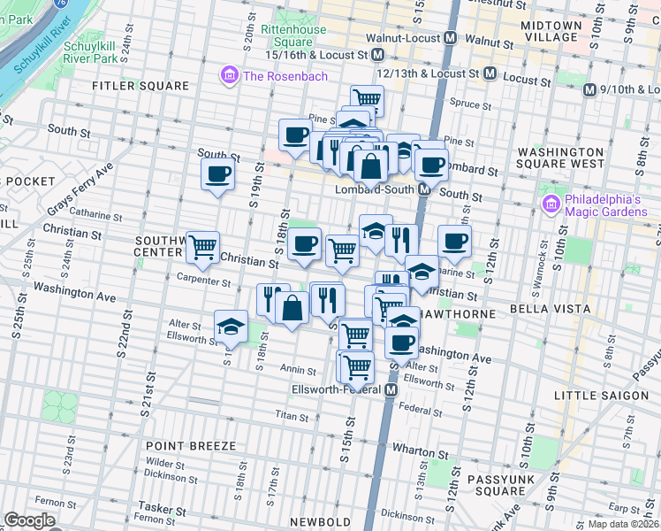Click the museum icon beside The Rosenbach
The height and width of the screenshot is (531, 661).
pyautogui.click(x=231, y=75)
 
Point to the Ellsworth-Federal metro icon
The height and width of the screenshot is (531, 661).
pyautogui.click(x=391, y=389)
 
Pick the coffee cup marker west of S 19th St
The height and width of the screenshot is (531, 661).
pyautogui.click(x=217, y=173)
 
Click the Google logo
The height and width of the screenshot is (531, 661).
pyautogui.click(x=29, y=520)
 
